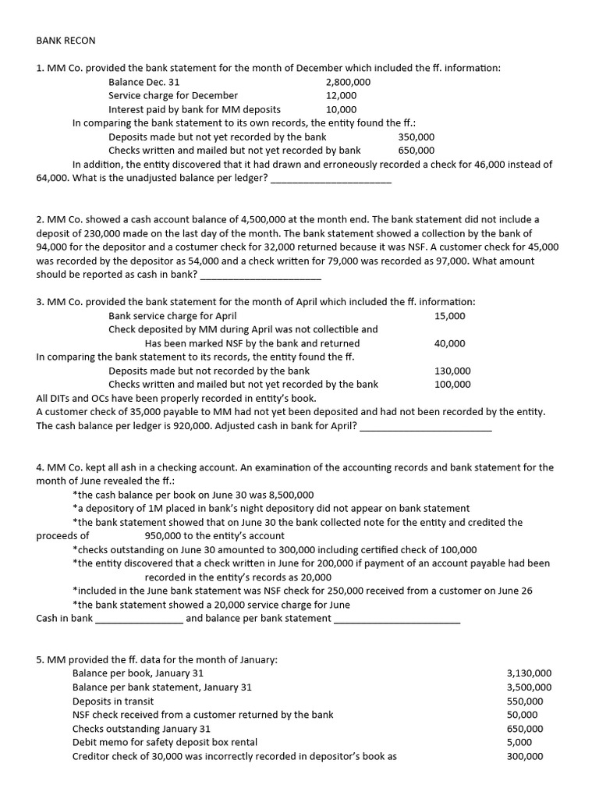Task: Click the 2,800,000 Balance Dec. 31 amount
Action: [x=348, y=82]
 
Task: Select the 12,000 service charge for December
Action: [x=341, y=96]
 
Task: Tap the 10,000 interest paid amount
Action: [x=341, y=110]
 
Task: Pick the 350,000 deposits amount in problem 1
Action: [x=416, y=137]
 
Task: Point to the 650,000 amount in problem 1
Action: [x=416, y=151]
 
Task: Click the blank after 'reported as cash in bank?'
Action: [x=261, y=275]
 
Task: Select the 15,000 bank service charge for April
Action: [x=450, y=316]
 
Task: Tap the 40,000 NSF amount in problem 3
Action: [x=450, y=343]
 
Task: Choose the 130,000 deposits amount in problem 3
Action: [x=452, y=371]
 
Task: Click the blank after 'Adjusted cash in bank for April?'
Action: [x=426, y=426]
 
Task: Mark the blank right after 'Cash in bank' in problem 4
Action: [x=139, y=619]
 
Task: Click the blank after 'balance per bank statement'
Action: [x=397, y=619]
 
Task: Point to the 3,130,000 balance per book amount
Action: [x=529, y=673]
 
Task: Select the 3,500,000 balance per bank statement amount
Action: [x=529, y=687]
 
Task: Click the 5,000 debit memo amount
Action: [x=520, y=742]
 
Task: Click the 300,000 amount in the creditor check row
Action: [x=525, y=756]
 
